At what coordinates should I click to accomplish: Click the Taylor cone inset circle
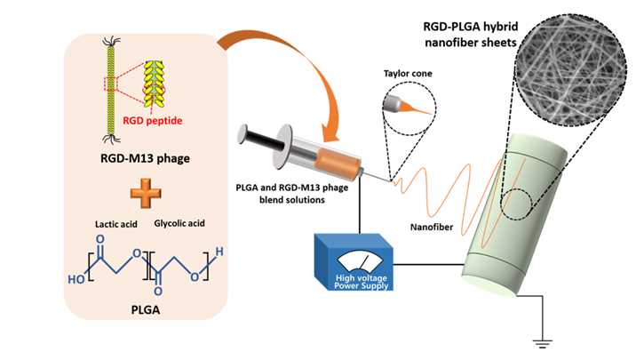click(408, 104)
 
